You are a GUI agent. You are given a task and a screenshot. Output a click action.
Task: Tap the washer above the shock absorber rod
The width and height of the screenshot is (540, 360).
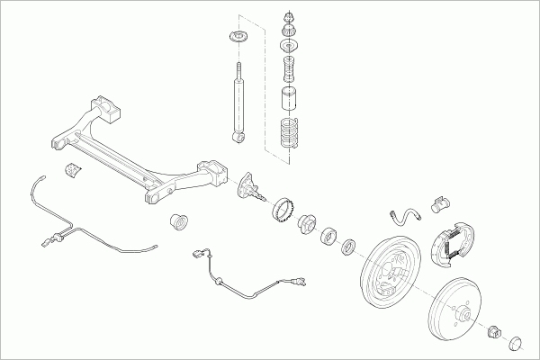pos(239,38)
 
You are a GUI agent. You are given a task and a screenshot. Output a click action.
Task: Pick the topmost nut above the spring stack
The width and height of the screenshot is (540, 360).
pos(288,16)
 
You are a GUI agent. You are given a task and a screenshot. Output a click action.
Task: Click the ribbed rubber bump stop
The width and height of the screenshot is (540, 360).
pos(289,68)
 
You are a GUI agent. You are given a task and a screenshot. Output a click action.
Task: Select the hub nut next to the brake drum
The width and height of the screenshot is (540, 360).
pos(493,330)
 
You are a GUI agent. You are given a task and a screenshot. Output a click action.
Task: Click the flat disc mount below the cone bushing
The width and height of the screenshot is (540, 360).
pos(288,49)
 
